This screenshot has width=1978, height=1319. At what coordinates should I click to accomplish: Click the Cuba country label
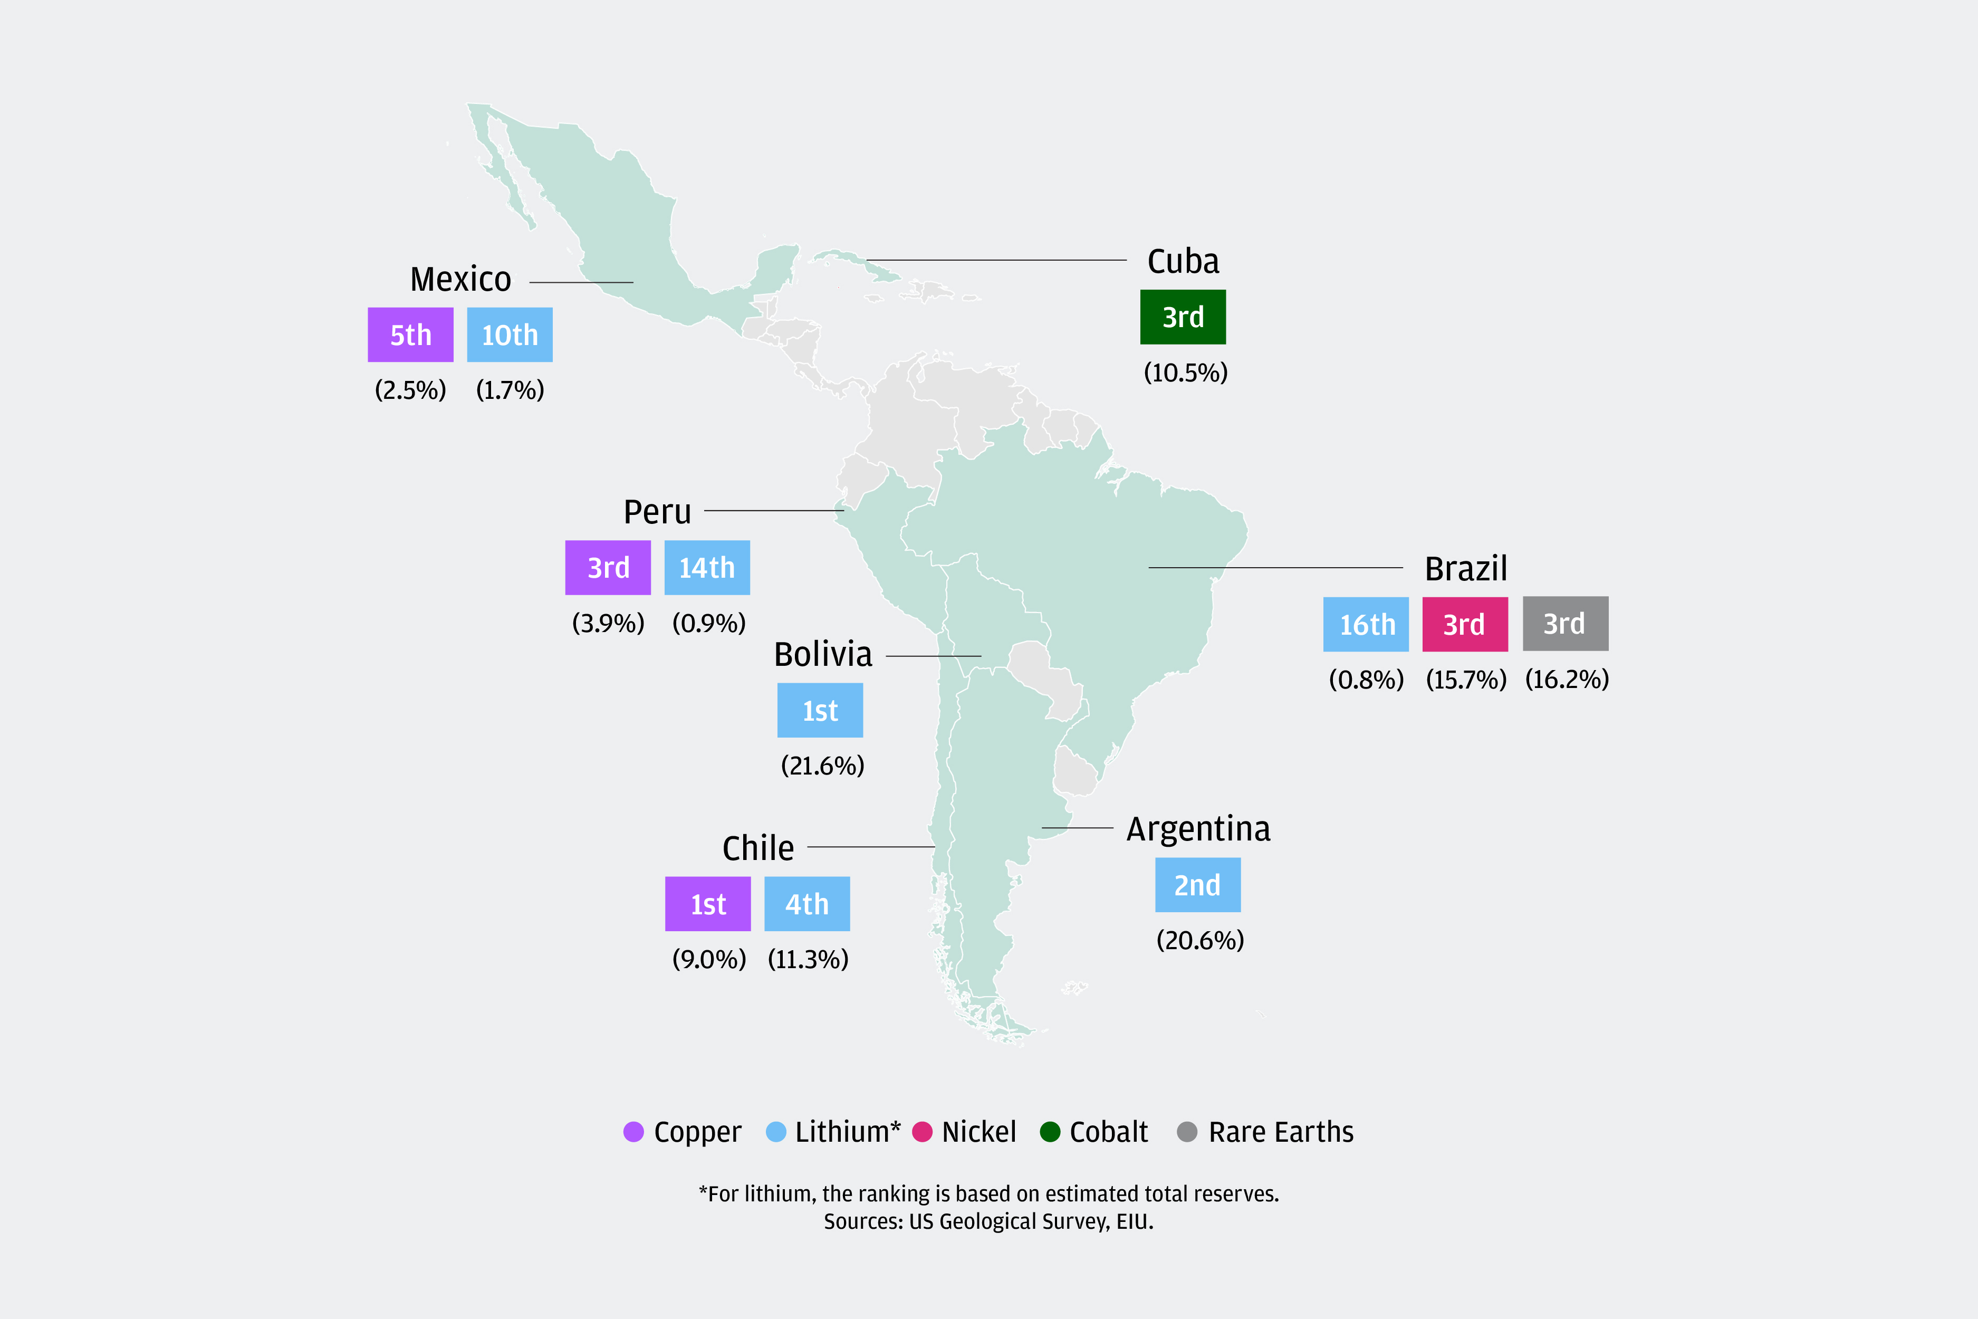[x=1183, y=262]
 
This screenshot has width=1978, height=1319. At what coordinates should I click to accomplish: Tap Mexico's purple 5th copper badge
[x=410, y=335]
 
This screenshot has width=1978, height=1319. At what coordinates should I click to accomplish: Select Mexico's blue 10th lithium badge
[x=510, y=335]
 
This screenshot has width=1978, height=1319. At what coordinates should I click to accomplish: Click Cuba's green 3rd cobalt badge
[x=1183, y=317]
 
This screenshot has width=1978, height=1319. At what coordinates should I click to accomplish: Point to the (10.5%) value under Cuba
[x=1185, y=372]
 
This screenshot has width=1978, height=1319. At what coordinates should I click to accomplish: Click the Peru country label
[x=657, y=511]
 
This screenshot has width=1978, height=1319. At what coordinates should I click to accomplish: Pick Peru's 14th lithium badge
[x=706, y=568]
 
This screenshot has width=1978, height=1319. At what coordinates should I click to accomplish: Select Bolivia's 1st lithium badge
[x=820, y=711]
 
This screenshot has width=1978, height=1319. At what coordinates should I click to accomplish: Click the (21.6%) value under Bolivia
[x=822, y=766]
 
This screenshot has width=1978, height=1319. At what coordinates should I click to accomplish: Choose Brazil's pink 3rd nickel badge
[x=1464, y=624]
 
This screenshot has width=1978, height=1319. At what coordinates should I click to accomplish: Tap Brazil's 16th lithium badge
[x=1366, y=624]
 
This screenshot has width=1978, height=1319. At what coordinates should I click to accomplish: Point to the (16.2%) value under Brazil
[x=1567, y=679]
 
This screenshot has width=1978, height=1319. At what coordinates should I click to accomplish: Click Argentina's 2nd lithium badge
[x=1197, y=885]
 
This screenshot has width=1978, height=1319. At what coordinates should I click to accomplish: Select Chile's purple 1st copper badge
[x=707, y=904]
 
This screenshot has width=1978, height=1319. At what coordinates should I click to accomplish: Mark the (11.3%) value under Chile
[x=808, y=959]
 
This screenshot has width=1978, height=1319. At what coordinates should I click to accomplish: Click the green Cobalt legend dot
[x=1050, y=1132]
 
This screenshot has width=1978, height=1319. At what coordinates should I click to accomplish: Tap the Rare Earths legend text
[x=1281, y=1132]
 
